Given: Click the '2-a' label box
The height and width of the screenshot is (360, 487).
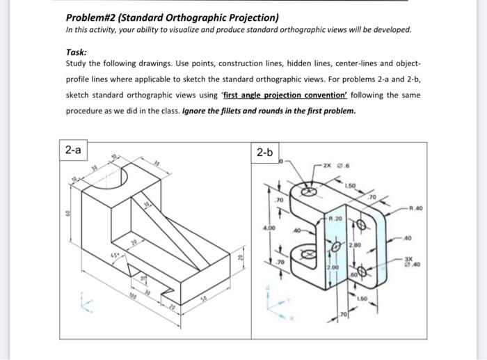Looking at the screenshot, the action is pos(73,150).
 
